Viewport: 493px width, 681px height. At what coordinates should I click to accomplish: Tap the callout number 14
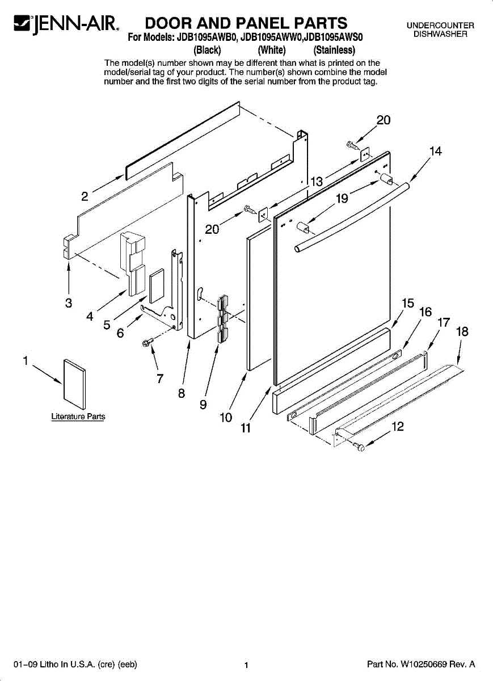435,151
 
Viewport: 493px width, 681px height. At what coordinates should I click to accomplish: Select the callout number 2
85,197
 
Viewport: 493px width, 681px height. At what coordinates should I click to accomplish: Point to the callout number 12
398,427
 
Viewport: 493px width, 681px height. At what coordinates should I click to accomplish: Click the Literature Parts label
78,417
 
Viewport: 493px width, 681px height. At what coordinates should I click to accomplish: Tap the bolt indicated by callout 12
360,448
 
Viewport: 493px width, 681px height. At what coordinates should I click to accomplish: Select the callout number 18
462,331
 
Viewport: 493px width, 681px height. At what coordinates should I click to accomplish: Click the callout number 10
226,418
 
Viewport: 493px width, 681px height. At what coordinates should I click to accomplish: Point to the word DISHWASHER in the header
440,34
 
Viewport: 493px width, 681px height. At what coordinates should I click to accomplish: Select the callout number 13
317,182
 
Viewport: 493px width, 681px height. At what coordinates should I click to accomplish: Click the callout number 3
69,303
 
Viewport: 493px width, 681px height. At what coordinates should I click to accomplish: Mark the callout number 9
203,405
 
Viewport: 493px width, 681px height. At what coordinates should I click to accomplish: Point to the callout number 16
425,312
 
